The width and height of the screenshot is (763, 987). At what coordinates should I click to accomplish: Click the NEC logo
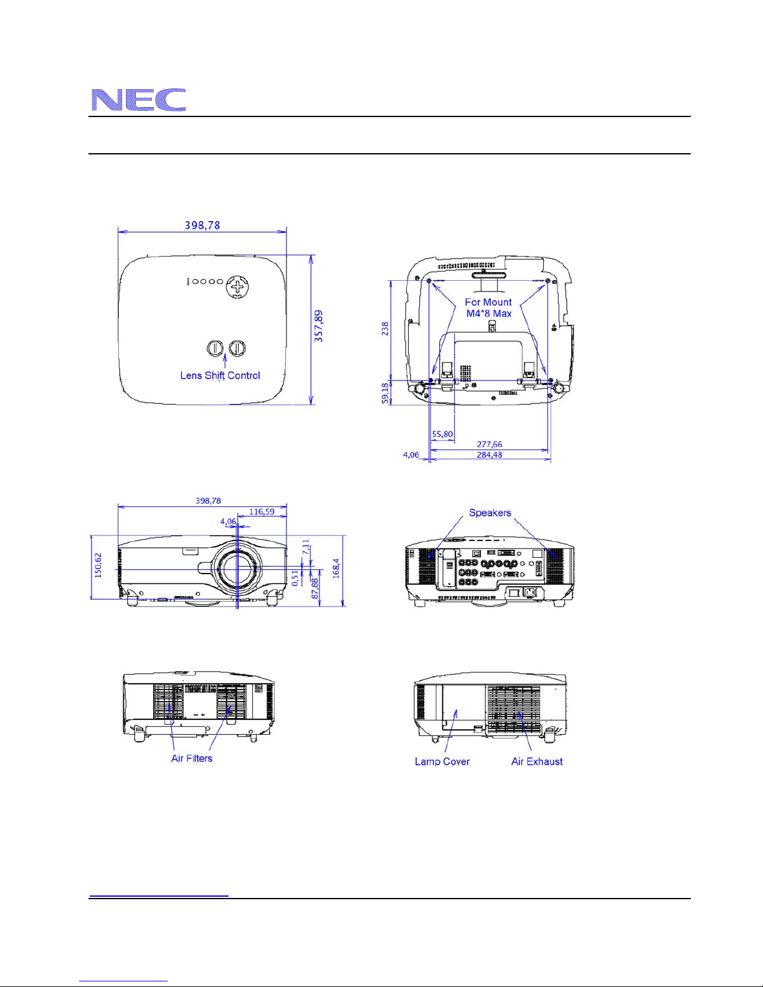pos(138,100)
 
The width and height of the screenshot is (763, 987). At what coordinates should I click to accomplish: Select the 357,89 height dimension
pos(319,326)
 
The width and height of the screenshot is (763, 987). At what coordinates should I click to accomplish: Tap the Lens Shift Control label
pos(220,375)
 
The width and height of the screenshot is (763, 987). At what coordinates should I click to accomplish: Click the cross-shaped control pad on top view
pos(237,286)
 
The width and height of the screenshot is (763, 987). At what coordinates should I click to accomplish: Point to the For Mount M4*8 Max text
pos(488,308)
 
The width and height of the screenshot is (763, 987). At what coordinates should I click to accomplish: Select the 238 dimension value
pos(385,328)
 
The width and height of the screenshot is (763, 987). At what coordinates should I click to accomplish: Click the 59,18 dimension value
pos(385,393)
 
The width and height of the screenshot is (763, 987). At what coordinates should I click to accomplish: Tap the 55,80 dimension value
pos(442,434)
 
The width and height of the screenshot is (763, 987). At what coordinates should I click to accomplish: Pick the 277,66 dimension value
pos(489,444)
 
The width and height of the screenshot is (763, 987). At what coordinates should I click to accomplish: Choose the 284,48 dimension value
pos(489,455)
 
